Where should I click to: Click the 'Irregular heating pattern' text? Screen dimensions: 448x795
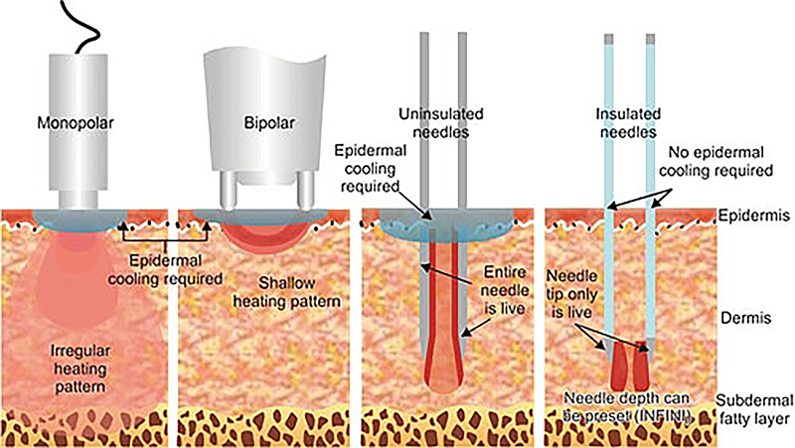tap(79, 362)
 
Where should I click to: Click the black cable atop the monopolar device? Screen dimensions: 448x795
tap(83, 24)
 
